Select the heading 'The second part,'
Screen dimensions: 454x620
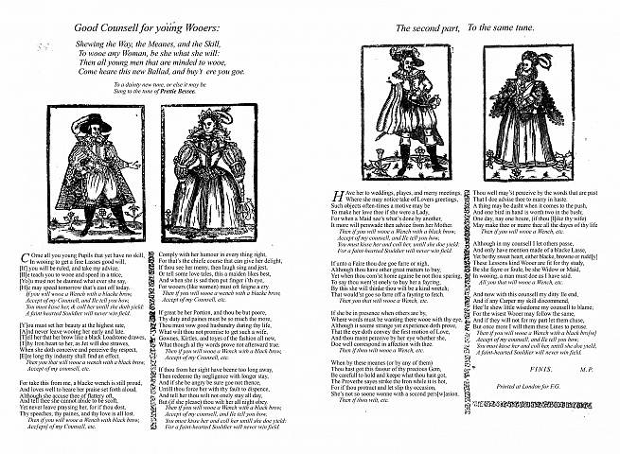click(424, 29)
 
